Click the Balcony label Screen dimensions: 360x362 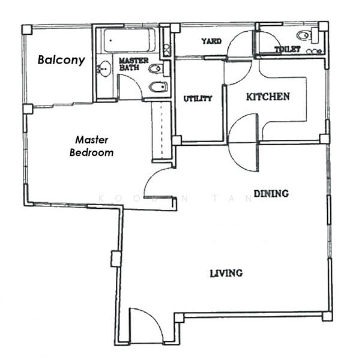point(61,60)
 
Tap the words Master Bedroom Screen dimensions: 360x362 point(91,146)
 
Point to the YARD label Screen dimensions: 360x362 point(211,41)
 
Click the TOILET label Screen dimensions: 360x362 point(287,49)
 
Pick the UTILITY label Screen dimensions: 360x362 point(198,98)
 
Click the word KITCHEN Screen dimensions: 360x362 point(268,96)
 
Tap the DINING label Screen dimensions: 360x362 point(271,193)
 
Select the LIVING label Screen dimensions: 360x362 point(226,273)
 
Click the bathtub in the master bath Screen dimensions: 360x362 point(129,41)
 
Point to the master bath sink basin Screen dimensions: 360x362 point(104,69)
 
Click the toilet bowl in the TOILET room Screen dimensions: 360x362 point(304,35)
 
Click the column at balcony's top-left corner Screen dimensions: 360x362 point(26,29)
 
